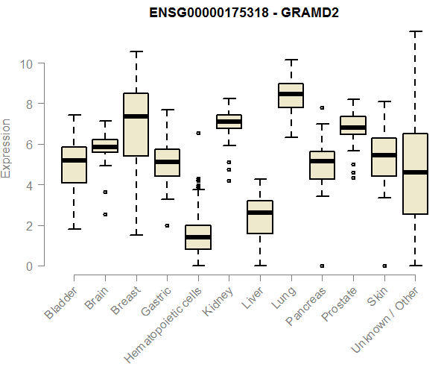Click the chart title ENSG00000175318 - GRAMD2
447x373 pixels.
pyautogui.click(x=244, y=14)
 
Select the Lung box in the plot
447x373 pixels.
pyautogui.click(x=291, y=95)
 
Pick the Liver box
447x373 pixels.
pyautogui.click(x=260, y=217)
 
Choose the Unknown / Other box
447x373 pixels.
pyautogui.click(x=414, y=174)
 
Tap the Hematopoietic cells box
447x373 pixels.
pyautogui.click(x=198, y=237)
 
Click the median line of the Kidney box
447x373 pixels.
pyautogui.click(x=229, y=121)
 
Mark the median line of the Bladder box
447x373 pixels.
pyautogui.click(x=74, y=160)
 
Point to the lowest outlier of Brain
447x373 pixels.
pyautogui.click(x=105, y=214)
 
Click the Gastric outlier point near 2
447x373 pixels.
pyautogui.click(x=167, y=225)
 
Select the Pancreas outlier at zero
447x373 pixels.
pyautogui.click(x=322, y=266)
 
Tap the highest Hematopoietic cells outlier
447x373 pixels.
pyautogui.click(x=198, y=133)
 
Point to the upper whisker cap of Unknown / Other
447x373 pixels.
pyautogui.click(x=414, y=31)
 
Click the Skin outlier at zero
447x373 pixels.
pyautogui.click(x=384, y=266)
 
